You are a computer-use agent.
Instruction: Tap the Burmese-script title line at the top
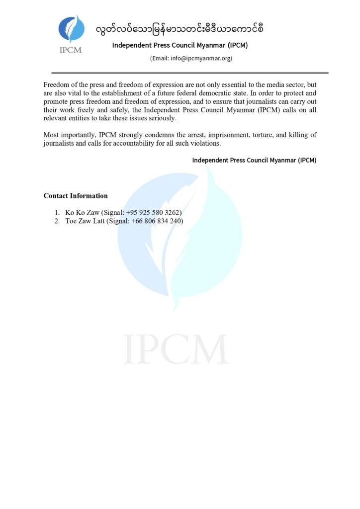pyautogui.click(x=180, y=28)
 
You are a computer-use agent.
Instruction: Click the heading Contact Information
pyautogui.click(x=76, y=196)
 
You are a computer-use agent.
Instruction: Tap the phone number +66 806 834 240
pyautogui.click(x=157, y=221)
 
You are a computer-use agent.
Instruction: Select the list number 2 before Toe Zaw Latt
pyautogui.click(x=57, y=221)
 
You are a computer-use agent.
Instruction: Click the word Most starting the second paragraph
pyautogui.click(x=52, y=135)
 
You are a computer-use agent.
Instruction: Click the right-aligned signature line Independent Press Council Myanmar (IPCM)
pyautogui.click(x=254, y=161)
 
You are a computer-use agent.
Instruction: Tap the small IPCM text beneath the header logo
pyautogui.click(x=70, y=50)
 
